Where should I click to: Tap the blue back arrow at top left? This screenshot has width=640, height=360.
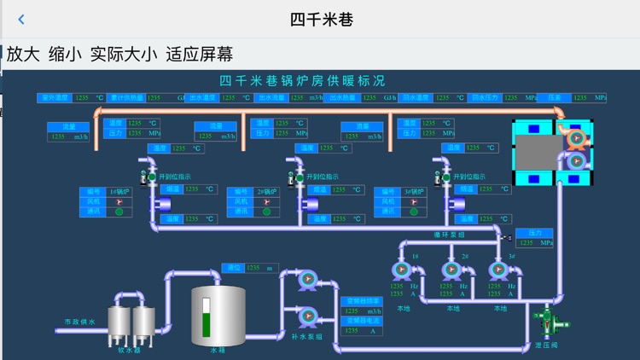pos(21,20)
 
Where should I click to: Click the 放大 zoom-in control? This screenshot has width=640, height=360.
pos(24,55)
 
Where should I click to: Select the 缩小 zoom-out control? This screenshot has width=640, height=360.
pos(66,55)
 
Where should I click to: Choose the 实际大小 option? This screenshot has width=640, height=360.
pos(124,55)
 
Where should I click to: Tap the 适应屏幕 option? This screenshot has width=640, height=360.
pos(199,55)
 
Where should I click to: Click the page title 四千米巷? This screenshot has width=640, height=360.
pos(321,19)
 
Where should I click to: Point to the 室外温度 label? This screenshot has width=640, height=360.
pos(55,98)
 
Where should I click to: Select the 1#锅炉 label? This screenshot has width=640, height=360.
pos(119,192)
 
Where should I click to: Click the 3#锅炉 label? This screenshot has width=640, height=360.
pos(414,192)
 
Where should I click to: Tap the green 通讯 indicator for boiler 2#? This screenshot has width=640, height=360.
pos(267,212)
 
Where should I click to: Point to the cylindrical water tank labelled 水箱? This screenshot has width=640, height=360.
pos(218,316)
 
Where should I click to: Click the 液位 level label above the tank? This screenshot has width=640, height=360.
pos(234,268)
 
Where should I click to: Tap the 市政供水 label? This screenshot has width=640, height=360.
pos(80,322)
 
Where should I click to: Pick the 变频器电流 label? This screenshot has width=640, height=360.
pos(362,321)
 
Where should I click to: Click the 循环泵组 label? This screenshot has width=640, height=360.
pos(450,235)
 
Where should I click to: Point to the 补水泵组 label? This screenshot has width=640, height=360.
pos(307,337)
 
